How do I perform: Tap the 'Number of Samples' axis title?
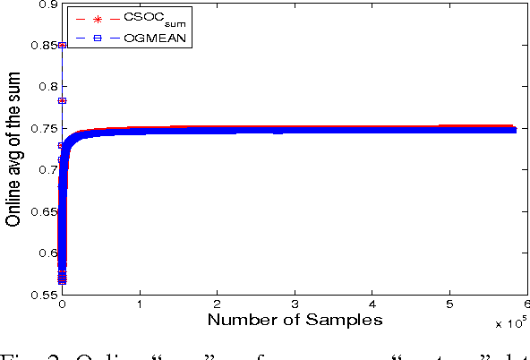point(295,319)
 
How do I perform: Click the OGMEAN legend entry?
point(144,37)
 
